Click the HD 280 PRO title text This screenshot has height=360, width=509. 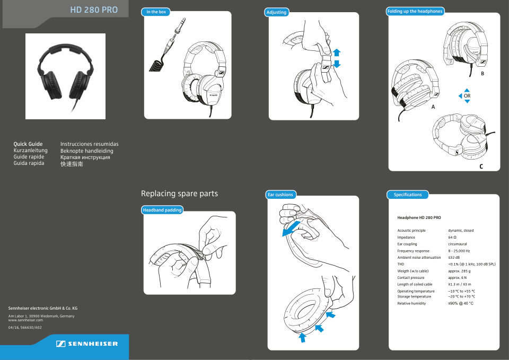[x=93, y=10]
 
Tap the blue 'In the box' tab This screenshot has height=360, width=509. [x=156, y=12]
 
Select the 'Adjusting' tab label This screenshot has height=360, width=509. [x=276, y=12]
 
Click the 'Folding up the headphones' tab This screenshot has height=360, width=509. [x=415, y=11]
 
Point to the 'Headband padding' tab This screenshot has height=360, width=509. [x=162, y=210]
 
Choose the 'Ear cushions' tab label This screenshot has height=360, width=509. [x=280, y=195]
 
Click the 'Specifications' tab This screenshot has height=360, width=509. [x=408, y=195]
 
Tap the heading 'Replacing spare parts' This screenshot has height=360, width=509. [x=179, y=194]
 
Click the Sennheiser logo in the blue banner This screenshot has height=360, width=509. [x=87, y=344]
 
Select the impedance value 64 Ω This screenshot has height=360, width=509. [x=452, y=238]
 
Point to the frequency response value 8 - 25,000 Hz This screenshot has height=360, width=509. [x=459, y=251]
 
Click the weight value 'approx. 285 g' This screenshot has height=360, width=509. [x=459, y=271]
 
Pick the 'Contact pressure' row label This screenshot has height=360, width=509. [x=411, y=278]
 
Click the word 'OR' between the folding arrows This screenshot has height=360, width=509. [x=467, y=96]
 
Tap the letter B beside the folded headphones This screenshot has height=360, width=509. [x=482, y=74]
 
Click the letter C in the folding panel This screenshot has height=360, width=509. [x=481, y=166]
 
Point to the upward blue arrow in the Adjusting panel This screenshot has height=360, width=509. [x=336, y=52]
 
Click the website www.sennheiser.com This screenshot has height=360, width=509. [x=25, y=320]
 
